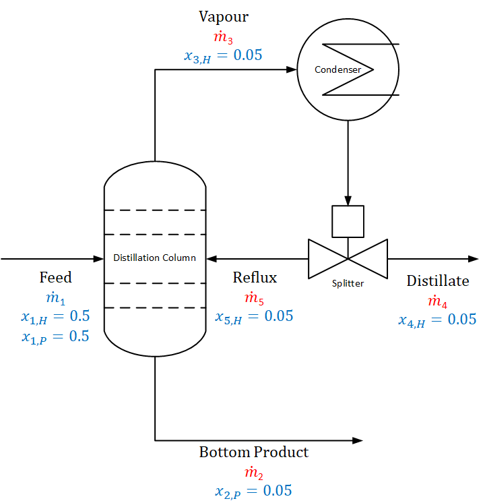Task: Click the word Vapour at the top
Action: pyautogui.click(x=224, y=16)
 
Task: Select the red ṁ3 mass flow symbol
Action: pyautogui.click(x=224, y=36)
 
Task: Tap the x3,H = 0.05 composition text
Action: pyautogui.click(x=223, y=56)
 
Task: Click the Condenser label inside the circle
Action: pyautogui.click(x=337, y=69)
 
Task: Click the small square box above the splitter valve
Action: pyautogui.click(x=348, y=222)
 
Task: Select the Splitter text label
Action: pyautogui.click(x=348, y=284)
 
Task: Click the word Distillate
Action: pyautogui.click(x=437, y=281)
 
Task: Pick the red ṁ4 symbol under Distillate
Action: pyautogui.click(x=437, y=301)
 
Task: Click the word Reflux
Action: pyautogui.click(x=255, y=278)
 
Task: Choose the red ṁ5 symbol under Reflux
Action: pyautogui.click(x=254, y=297)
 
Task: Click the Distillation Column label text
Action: pyautogui.click(x=154, y=258)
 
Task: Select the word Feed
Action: pyautogui.click(x=55, y=278)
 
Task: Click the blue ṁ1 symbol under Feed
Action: pyautogui.click(x=55, y=297)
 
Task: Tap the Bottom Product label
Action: pyautogui.click(x=253, y=452)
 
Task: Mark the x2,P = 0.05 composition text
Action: pyautogui.click(x=253, y=491)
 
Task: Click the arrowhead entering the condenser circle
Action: pyautogui.click(x=292, y=69)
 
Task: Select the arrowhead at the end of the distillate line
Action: pyautogui.click(x=474, y=258)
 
